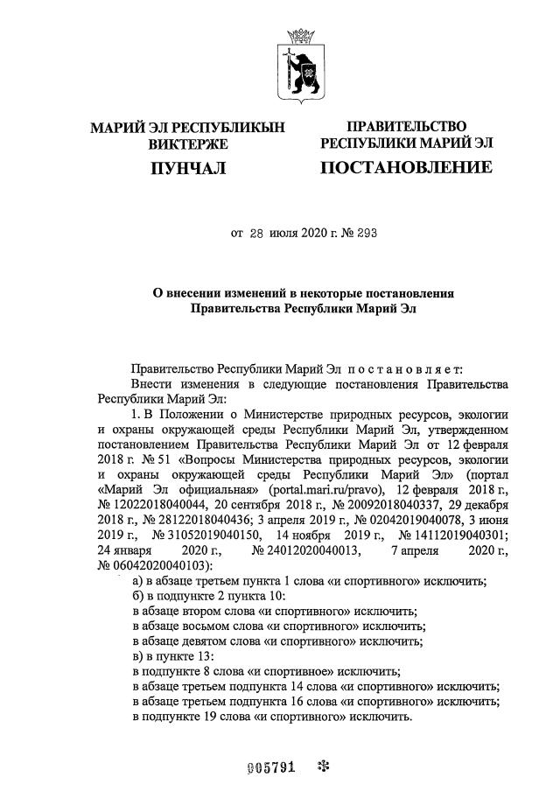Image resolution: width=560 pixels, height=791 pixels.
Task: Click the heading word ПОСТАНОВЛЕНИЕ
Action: coord(405,166)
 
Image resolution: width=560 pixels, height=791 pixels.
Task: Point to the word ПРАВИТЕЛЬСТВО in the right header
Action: coord(406,127)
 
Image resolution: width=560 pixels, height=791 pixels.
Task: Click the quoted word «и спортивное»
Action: coord(282,671)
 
